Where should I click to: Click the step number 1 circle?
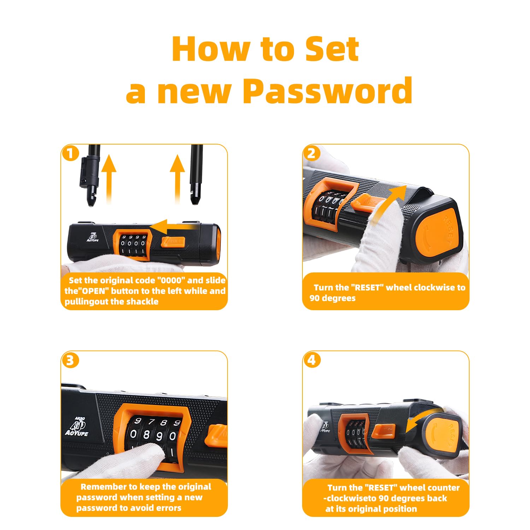click(x=70, y=153)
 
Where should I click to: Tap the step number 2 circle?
click(x=312, y=153)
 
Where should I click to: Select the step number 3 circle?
click(x=70, y=360)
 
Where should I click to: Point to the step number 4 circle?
click(x=312, y=360)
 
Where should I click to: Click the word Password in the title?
click(x=328, y=90)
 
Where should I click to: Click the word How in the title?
click(x=212, y=49)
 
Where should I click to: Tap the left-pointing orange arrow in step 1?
click(x=173, y=226)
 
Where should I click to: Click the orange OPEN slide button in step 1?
click(x=173, y=242)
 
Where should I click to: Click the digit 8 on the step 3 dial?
click(x=146, y=435)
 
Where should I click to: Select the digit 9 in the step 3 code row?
click(x=159, y=436)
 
